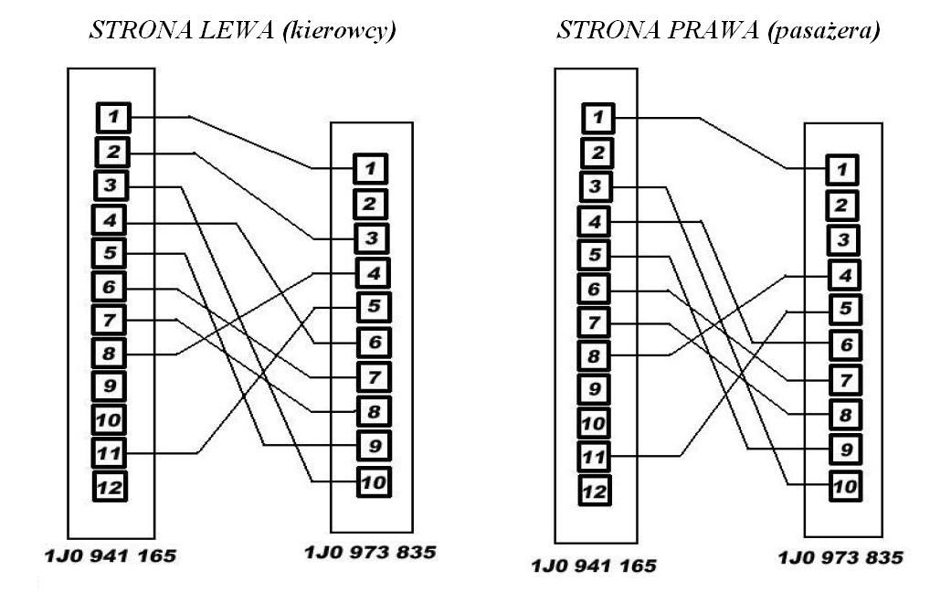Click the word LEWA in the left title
click(x=236, y=29)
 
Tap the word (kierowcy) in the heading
click(x=339, y=30)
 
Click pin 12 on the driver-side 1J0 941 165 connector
click(x=110, y=486)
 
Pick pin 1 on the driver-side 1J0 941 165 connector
click(x=113, y=118)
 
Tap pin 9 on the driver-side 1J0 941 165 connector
click(x=110, y=386)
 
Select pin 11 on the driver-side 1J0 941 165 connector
click(x=110, y=452)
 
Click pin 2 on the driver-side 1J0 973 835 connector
click(x=370, y=204)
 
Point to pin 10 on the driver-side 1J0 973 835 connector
click(x=374, y=482)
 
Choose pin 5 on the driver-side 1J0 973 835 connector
click(x=374, y=307)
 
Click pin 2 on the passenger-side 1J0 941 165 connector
click(x=597, y=153)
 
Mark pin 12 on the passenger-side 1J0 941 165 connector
click(x=595, y=490)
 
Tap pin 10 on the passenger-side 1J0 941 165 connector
click(x=594, y=423)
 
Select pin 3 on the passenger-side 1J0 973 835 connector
click(x=843, y=239)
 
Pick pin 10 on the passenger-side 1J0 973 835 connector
click(x=845, y=485)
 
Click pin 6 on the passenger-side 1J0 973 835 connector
click(x=845, y=345)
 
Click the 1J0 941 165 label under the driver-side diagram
click(x=111, y=555)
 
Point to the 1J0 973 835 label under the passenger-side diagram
click(x=840, y=557)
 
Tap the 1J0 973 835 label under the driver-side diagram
click(x=370, y=552)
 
